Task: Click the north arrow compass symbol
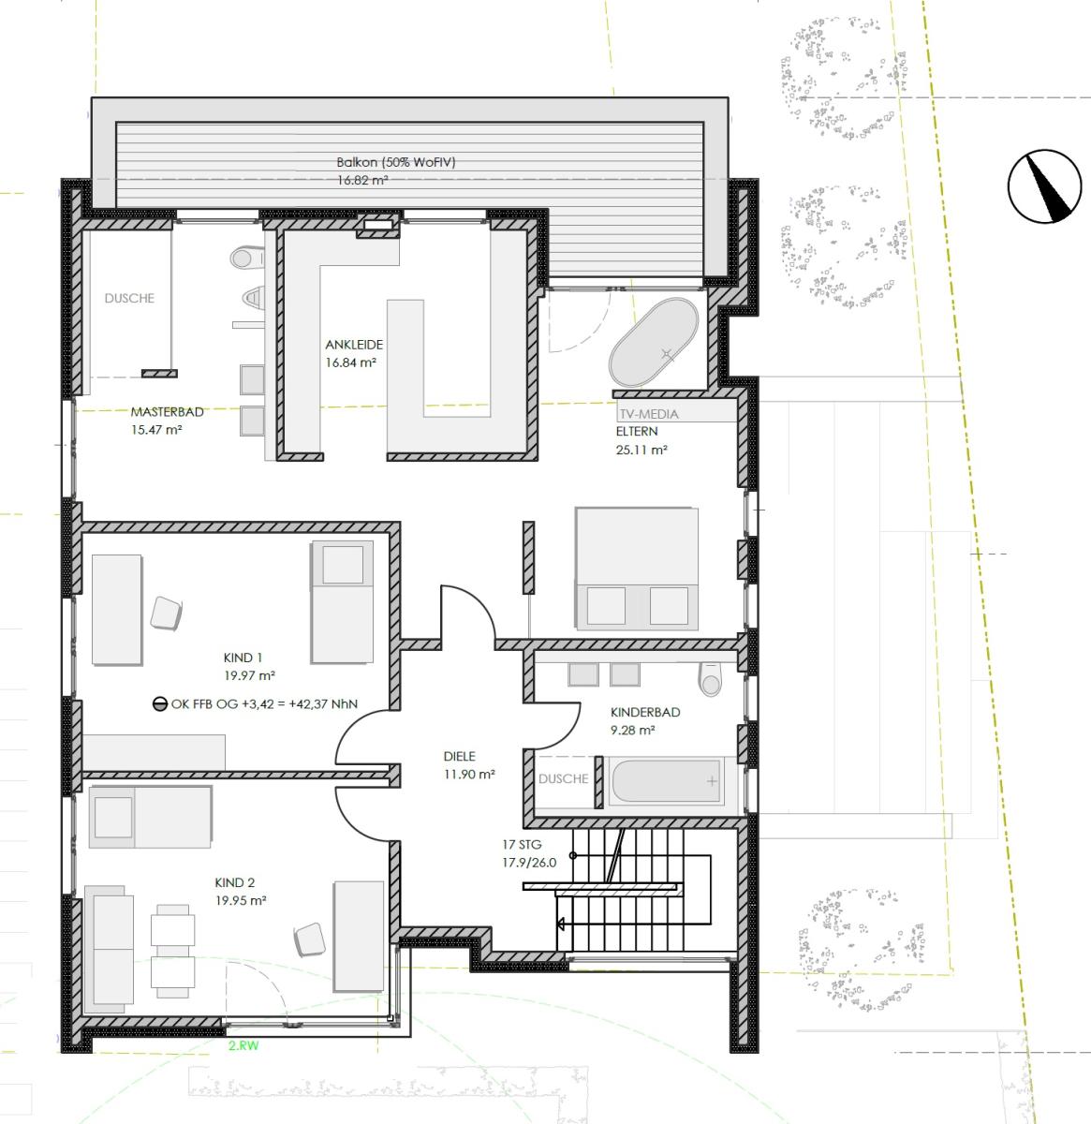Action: pos(1045,186)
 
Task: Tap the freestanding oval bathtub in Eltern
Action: pos(654,342)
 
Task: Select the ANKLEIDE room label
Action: pos(354,345)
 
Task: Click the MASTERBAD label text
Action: pos(167,412)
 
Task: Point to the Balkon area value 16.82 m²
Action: pos(362,180)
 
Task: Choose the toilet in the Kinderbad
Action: pos(711,679)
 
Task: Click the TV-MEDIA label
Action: pos(649,414)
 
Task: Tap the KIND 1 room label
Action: pos(243,658)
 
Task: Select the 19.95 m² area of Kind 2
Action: pos(241,900)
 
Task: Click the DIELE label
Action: pos(460,756)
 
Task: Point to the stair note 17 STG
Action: pos(523,845)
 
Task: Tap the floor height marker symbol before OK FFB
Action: pos(160,704)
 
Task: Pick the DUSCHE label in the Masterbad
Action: pos(129,298)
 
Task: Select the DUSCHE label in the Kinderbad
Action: pos(563,778)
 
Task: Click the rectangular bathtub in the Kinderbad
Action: pos(666,781)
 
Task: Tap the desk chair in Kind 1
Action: pos(166,613)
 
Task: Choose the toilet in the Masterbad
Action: pos(247,258)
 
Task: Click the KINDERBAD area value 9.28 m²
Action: pos(633,730)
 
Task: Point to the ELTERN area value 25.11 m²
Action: pos(641,450)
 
